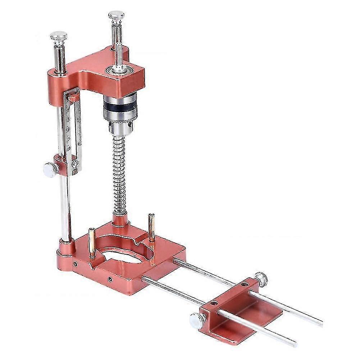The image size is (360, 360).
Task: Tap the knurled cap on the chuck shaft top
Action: click(117, 16)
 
